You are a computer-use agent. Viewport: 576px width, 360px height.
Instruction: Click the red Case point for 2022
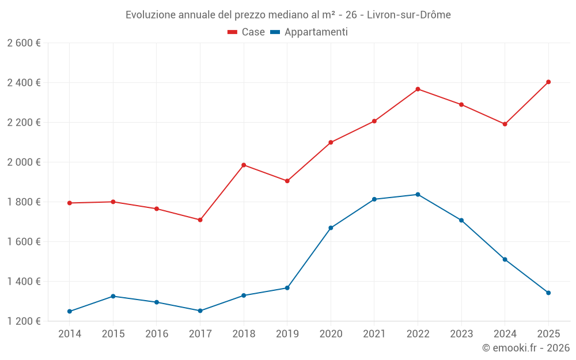click(x=418, y=89)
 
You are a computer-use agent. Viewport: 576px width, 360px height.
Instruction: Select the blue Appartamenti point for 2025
click(x=548, y=293)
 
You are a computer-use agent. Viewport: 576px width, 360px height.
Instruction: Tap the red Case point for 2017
click(x=200, y=220)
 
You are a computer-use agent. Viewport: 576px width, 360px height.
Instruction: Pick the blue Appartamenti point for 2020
click(x=331, y=228)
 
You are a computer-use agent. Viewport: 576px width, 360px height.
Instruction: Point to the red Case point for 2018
click(x=244, y=165)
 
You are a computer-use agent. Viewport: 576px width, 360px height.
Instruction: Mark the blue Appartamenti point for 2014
click(x=70, y=312)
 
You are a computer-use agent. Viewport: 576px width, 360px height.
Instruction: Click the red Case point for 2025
click(x=548, y=82)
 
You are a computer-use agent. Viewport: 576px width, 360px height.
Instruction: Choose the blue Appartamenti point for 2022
click(x=418, y=195)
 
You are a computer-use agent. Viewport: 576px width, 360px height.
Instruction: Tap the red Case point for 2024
click(x=505, y=124)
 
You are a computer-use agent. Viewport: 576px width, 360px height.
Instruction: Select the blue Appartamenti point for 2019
click(x=287, y=288)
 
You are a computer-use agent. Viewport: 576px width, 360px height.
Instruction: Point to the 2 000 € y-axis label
click(x=24, y=162)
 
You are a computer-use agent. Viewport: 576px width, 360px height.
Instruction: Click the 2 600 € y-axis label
click(x=24, y=43)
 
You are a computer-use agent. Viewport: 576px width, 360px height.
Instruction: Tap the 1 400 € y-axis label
click(x=24, y=282)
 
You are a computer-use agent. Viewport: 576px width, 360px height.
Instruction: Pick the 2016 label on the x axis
click(x=157, y=334)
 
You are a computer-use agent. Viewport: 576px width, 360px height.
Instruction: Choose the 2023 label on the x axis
click(x=461, y=334)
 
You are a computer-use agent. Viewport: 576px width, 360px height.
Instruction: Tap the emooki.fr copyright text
click(x=526, y=348)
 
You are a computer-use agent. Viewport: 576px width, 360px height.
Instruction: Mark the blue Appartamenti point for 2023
click(x=461, y=221)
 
